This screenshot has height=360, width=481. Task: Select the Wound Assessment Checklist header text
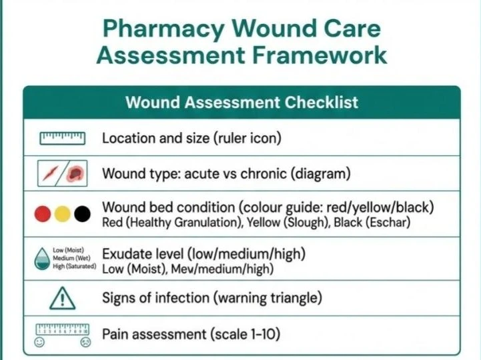(242, 103)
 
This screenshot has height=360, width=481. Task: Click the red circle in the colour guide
(42, 214)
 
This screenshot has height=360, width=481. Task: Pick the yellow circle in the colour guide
(62, 214)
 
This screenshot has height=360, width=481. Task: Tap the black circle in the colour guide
(82, 214)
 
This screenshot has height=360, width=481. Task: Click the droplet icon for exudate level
(41, 259)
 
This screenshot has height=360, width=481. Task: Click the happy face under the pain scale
(39, 343)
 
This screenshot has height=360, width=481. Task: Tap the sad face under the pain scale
(85, 343)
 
